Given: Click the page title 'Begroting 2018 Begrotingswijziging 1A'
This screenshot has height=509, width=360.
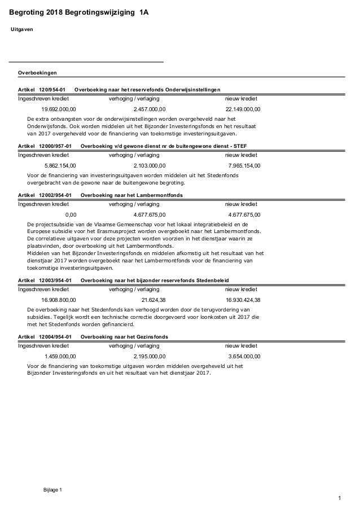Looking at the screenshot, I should pos(80,11).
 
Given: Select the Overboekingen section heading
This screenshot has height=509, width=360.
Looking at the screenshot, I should pos(37,73).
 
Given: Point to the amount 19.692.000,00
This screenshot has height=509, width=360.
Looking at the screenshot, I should pos(59,109).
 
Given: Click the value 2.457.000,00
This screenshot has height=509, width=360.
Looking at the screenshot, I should pos(150,109).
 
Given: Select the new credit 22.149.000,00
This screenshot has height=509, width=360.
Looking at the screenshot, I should pos(243,109).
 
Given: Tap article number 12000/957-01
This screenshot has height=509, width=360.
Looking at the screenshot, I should pos(55,146).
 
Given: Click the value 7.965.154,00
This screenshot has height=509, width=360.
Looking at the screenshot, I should pos(244,165).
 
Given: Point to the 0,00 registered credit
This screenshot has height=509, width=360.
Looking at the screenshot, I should pos(71,214).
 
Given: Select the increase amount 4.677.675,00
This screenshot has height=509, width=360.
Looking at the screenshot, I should pos(150,214).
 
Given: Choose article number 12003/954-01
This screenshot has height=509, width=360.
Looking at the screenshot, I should pos(55,280).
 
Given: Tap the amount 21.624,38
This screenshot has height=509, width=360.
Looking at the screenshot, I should pos(153,300).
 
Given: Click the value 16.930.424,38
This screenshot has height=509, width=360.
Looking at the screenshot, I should pos(243,300).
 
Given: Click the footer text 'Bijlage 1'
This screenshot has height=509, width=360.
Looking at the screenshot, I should pos(53,489).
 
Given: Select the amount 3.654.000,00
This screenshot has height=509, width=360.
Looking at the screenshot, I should pos(244,356).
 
